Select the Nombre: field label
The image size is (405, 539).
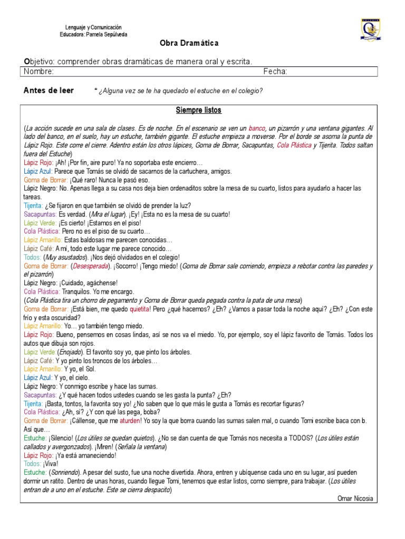(x=38, y=72)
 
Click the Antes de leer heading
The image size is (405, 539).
(x=49, y=91)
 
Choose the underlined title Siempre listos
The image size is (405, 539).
(x=198, y=111)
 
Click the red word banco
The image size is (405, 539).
(x=257, y=128)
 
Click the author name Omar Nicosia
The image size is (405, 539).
(x=355, y=498)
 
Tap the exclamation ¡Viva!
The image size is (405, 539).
(x=49, y=464)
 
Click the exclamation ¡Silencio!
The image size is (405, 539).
(x=61, y=438)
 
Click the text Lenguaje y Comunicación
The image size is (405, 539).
(x=93, y=27)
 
